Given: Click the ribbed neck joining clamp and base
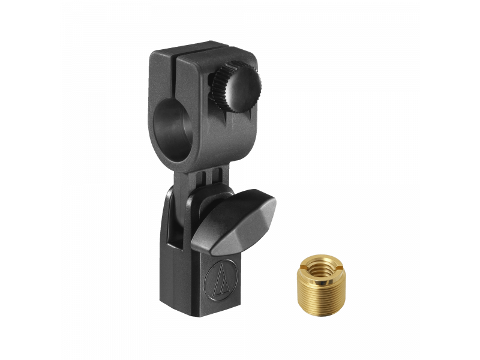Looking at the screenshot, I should [198, 178].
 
